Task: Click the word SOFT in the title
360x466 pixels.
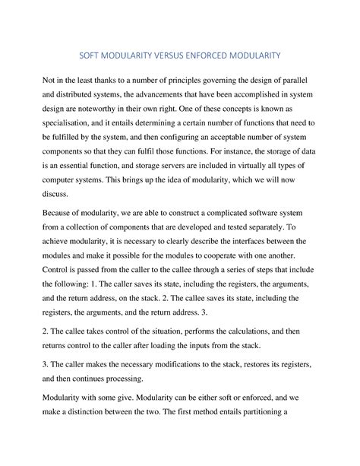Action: pos(93,55)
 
